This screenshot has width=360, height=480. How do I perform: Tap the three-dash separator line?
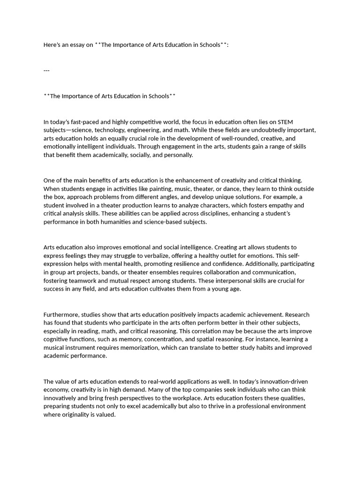pyautogui.click(x=46, y=70)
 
